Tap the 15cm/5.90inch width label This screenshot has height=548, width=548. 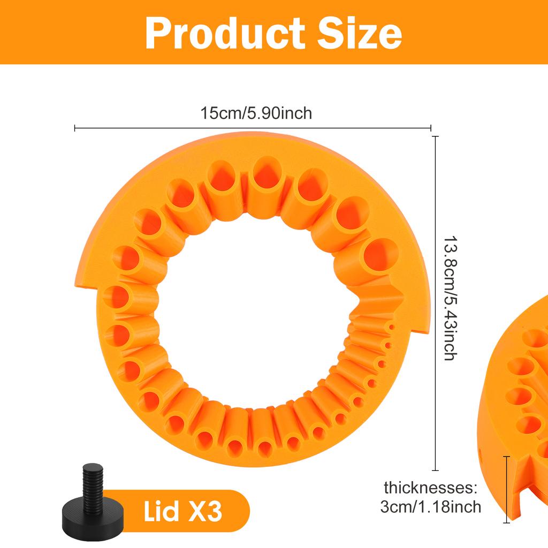pos(256,113)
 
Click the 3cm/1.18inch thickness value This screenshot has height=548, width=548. pos(430,506)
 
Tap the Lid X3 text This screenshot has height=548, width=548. pos(182,512)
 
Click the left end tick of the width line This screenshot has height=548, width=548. pos(75,128)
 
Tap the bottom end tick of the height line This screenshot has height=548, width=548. pos(436,470)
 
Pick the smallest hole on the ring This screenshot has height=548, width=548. pos(392,328)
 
